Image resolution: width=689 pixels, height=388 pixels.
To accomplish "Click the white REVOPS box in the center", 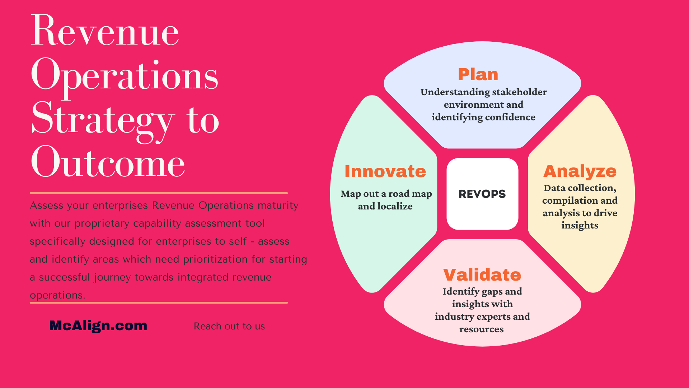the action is (x=482, y=194).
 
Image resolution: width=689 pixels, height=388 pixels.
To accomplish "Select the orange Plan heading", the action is (x=478, y=74).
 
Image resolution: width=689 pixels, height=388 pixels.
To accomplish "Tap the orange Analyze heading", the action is (x=580, y=171).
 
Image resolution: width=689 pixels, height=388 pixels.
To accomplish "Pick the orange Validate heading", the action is (x=482, y=275).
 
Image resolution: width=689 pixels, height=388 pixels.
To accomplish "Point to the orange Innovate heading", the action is (x=385, y=171).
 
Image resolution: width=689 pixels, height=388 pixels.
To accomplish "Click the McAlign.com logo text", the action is (x=98, y=325).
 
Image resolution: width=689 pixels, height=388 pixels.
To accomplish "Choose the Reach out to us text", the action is (x=229, y=326).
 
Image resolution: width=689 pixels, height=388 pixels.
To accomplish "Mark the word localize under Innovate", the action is (x=395, y=206).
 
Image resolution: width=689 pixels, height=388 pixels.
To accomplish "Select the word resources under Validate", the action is (x=482, y=329).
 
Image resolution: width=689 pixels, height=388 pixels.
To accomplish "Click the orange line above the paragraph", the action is (x=159, y=193).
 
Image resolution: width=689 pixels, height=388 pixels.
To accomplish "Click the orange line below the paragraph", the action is (x=159, y=302).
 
